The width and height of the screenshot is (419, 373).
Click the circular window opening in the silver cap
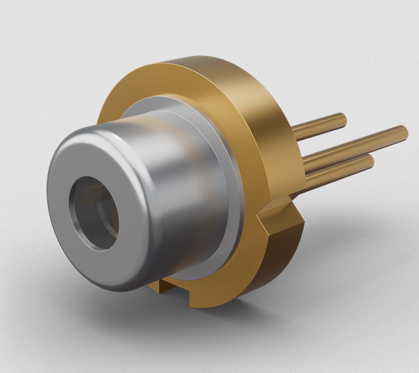[94, 213]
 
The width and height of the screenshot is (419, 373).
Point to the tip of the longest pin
[403, 130]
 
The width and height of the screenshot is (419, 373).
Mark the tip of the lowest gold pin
[370, 161]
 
